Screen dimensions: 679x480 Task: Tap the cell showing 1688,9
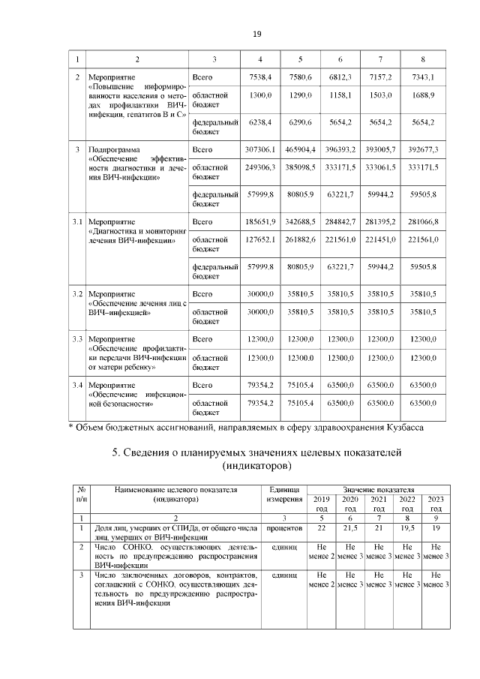click(423, 96)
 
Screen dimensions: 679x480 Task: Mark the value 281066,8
click(423, 222)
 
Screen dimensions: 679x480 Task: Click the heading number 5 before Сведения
click(115, 453)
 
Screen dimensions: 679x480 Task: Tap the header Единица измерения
click(283, 494)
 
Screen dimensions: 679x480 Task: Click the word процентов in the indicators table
click(283, 529)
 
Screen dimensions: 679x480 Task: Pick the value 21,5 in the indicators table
click(349, 529)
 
